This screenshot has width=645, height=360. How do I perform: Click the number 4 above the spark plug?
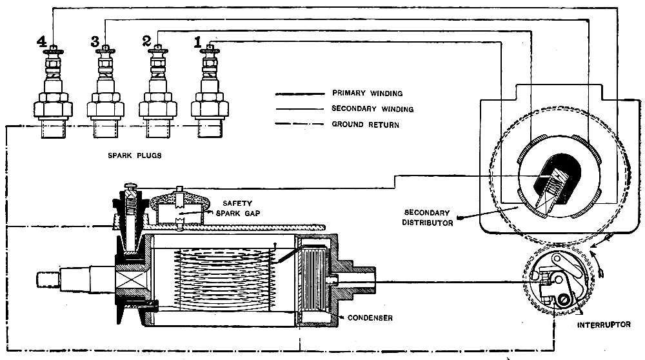click(x=42, y=43)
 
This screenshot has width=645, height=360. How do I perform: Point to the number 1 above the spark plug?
click(x=198, y=43)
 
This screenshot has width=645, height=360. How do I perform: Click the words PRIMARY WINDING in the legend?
click(x=367, y=93)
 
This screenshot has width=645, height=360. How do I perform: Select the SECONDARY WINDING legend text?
click(x=372, y=109)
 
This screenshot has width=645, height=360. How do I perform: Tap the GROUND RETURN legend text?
click(x=365, y=125)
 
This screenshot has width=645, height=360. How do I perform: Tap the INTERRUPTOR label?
click(x=604, y=325)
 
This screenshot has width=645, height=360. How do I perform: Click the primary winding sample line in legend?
click(x=299, y=93)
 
